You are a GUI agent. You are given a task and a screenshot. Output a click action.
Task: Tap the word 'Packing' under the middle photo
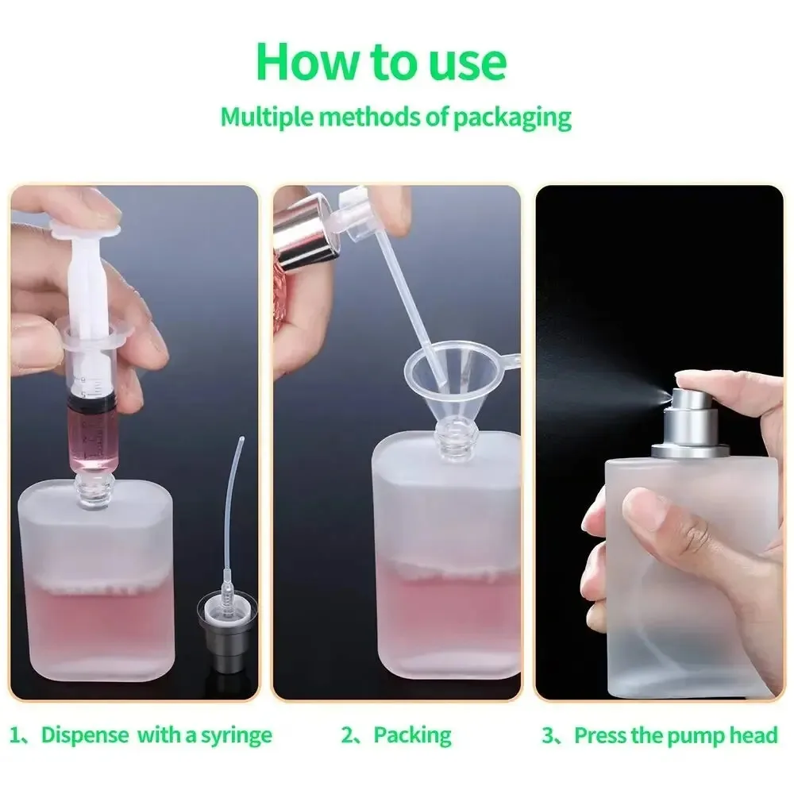[412, 735]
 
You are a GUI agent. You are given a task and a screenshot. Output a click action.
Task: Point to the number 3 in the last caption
[547, 735]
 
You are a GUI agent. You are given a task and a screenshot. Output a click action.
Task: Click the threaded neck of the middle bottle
[454, 441]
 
